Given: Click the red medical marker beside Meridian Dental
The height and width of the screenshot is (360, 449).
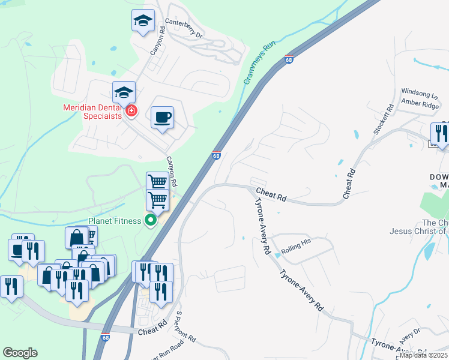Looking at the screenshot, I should (131, 110).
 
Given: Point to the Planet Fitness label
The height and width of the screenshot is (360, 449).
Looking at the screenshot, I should (114, 220).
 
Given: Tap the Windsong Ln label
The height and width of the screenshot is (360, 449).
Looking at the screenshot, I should (419, 94).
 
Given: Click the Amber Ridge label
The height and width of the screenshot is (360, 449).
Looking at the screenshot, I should (420, 104).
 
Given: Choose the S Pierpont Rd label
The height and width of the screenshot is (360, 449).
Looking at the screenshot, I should (185, 327).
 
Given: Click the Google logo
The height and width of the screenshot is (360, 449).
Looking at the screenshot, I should (20, 353).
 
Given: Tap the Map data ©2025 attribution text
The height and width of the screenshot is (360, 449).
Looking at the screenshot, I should (423, 355).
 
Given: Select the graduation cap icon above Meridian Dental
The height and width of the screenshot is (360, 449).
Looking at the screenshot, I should (124, 92).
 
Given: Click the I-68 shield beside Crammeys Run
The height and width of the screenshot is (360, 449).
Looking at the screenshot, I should (289, 60).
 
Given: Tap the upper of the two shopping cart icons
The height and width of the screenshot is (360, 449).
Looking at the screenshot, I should (157, 181).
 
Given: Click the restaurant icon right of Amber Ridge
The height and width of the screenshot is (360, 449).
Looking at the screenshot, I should (441, 133).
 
